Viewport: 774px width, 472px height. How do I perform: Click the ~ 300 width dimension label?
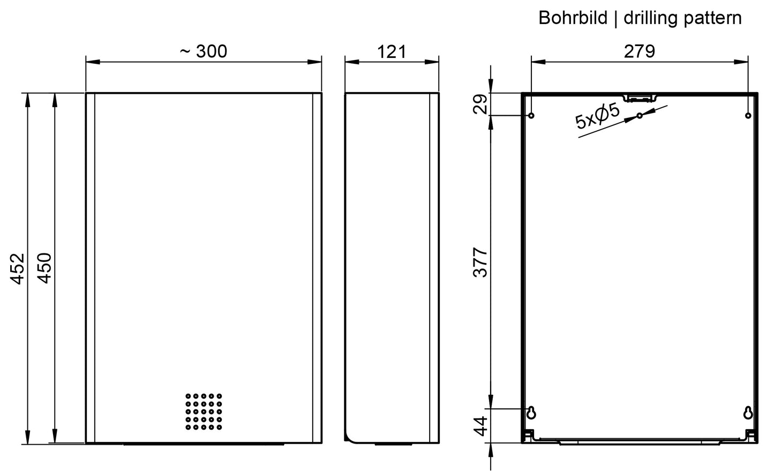click(x=204, y=51)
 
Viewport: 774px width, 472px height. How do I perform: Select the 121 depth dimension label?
click(x=392, y=52)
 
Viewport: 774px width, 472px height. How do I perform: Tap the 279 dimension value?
click(x=639, y=51)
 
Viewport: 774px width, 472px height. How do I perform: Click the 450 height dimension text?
click(x=44, y=268)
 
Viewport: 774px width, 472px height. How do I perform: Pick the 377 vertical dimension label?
click(x=480, y=262)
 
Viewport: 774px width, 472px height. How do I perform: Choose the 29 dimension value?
click(x=480, y=104)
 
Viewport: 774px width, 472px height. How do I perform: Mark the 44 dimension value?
click(x=480, y=426)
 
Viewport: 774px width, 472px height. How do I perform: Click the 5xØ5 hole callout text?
click(x=597, y=116)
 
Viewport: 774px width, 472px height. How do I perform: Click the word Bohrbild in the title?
click(x=573, y=18)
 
